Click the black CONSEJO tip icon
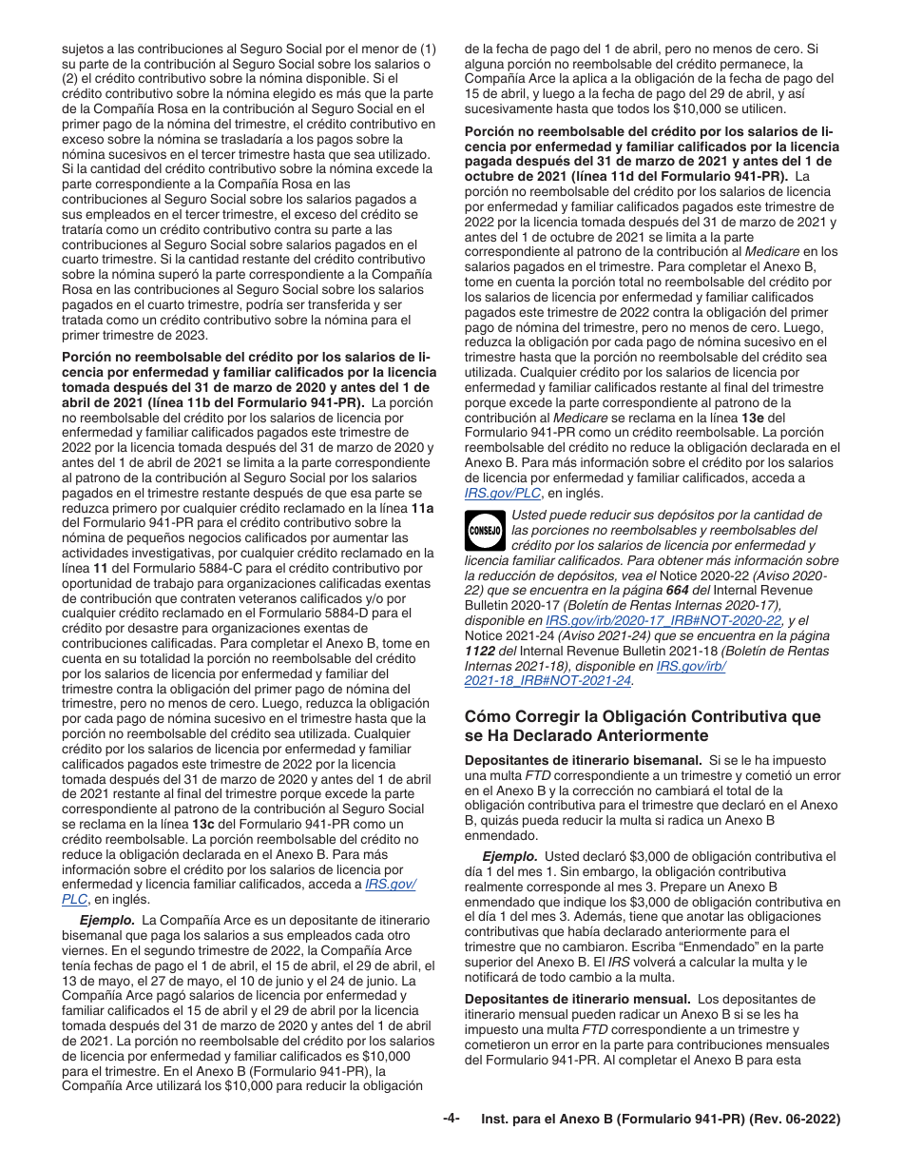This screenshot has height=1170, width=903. click(485, 531)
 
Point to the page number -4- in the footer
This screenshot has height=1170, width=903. click(451, 1119)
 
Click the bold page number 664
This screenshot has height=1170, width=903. click(677, 591)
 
